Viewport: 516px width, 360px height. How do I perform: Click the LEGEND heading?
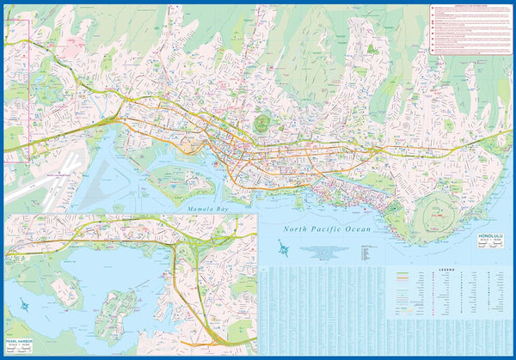(x=448, y=270)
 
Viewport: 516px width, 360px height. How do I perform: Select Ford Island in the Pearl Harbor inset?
(x=119, y=305)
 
